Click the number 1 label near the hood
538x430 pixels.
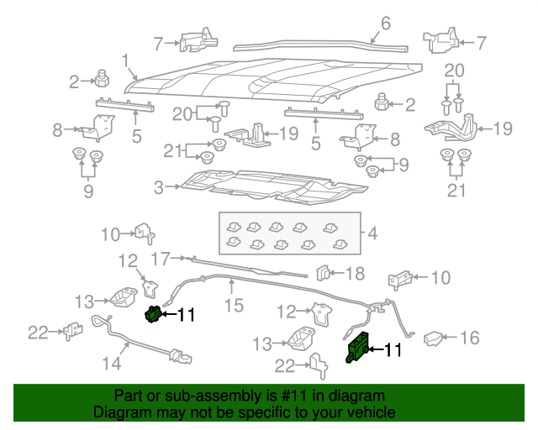pos(125,61)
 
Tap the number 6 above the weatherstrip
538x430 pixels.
pos(386,24)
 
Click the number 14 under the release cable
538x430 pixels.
pos(111,363)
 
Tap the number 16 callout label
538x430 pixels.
pos(469,338)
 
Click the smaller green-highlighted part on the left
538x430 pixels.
pos(153,315)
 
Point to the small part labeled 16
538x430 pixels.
pos(433,338)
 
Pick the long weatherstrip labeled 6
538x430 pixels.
pos(319,46)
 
